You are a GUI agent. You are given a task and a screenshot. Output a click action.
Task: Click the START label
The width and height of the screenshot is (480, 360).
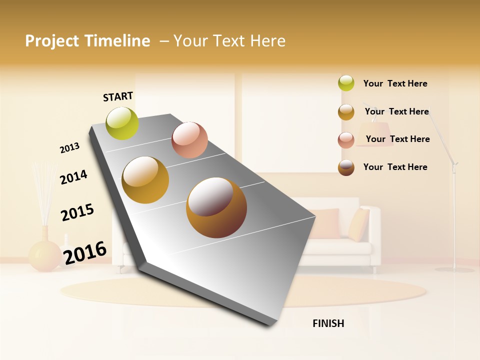(118, 96)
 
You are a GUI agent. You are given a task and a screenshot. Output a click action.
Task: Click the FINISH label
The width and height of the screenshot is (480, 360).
(328, 323)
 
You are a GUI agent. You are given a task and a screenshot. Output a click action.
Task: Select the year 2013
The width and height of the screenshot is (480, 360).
(69, 148)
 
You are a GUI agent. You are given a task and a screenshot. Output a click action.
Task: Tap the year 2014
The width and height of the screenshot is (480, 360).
(73, 177)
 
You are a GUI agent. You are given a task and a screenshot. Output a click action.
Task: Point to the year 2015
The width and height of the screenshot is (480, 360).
(77, 212)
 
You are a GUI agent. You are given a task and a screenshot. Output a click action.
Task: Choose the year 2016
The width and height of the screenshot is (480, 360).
(85, 252)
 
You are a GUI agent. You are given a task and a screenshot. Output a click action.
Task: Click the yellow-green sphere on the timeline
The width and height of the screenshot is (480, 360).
(122, 123)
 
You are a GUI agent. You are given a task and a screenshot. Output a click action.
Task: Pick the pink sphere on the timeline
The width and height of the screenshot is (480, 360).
(189, 140)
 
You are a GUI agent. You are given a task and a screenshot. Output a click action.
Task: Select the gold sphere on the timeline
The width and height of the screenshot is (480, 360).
(145, 180)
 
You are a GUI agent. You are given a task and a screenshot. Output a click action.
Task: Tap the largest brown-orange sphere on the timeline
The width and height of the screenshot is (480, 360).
(216, 207)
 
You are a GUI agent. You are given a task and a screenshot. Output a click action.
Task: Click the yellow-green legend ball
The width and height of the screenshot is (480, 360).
(346, 83)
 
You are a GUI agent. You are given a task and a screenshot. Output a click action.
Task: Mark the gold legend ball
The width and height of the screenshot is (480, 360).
(346, 112)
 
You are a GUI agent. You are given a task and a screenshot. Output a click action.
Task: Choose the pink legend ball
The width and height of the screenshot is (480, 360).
(346, 140)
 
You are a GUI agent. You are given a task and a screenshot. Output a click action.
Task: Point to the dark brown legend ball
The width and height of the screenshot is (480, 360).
(346, 167)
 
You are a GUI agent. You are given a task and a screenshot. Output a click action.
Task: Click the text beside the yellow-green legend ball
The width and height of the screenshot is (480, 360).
(395, 83)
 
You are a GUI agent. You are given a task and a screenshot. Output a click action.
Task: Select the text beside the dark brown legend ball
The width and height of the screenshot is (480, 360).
(395, 167)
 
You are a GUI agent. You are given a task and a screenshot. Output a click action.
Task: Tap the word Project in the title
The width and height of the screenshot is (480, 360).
(52, 41)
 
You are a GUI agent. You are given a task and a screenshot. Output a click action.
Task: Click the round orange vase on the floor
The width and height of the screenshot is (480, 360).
(44, 255)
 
